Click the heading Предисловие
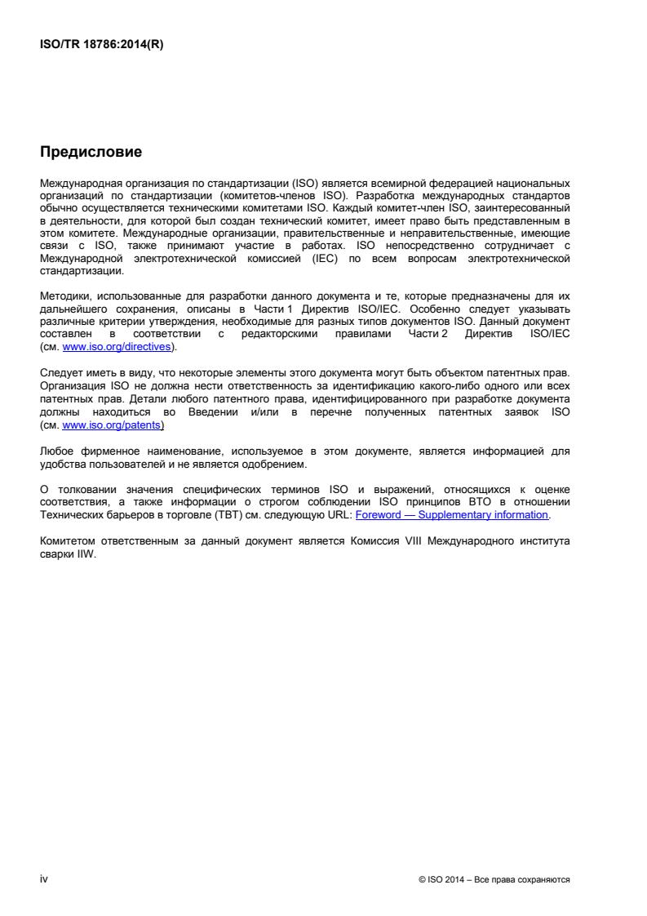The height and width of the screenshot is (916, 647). pyautogui.click(x=91, y=152)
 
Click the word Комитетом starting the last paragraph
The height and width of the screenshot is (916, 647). pyautogui.click(x=69, y=542)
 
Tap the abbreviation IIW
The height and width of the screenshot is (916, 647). pyautogui.click(x=85, y=553)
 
